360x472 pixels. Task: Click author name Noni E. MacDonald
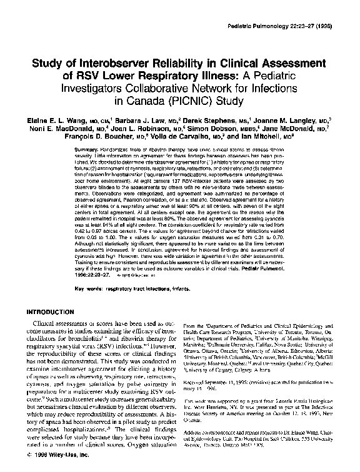[57, 130]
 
